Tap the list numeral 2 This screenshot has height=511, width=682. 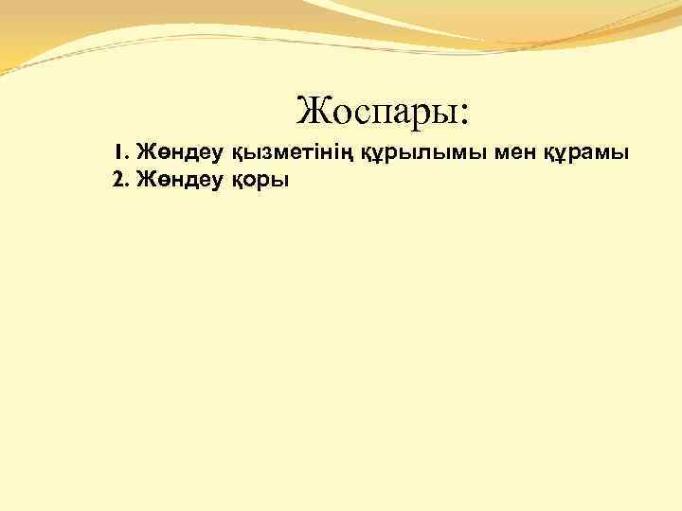117,180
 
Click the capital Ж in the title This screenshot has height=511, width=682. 312,112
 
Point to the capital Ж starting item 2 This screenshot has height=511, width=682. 145,180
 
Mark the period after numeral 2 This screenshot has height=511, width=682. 128,185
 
